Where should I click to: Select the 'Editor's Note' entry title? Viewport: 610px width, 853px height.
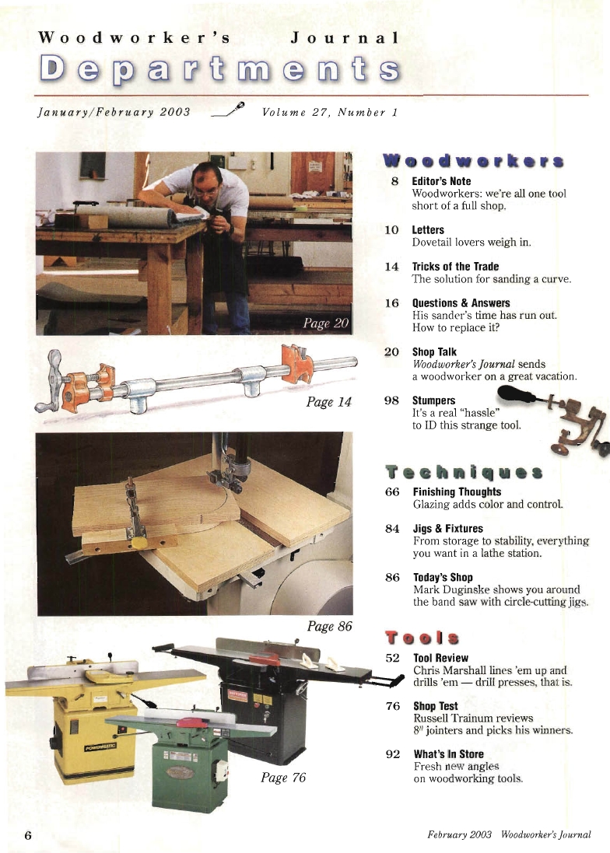click(x=441, y=181)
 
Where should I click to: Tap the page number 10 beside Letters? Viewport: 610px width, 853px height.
click(x=391, y=230)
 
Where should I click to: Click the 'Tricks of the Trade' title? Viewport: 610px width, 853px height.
click(x=455, y=266)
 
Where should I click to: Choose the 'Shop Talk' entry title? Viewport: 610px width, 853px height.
click(x=434, y=351)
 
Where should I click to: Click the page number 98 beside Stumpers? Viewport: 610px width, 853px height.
click(x=391, y=400)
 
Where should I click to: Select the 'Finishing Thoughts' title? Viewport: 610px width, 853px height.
click(x=457, y=491)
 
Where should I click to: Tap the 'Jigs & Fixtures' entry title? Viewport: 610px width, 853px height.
click(x=447, y=529)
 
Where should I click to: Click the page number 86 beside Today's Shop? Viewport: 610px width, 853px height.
click(x=392, y=578)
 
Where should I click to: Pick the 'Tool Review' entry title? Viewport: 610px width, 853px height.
click(x=440, y=658)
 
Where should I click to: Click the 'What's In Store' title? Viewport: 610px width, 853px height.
click(x=448, y=754)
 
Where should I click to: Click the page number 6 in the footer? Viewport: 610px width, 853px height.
click(x=28, y=835)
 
